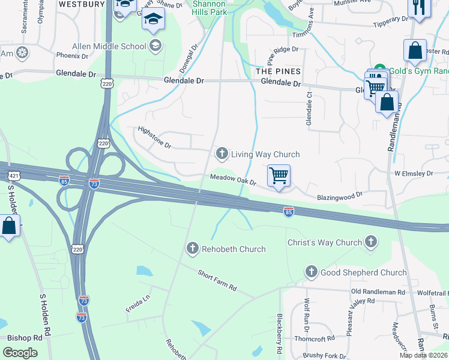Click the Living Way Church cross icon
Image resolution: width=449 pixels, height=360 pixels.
(222, 154)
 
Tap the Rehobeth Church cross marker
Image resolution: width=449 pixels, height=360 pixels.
(193, 248)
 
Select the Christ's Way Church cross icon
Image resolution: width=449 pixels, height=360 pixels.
(371, 242)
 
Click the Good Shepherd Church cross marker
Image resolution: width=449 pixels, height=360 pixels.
(311, 272)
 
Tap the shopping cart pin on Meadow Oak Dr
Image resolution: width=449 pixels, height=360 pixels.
(279, 176)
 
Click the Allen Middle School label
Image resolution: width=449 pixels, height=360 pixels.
(109, 46)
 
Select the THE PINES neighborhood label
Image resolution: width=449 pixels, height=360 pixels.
(278, 71)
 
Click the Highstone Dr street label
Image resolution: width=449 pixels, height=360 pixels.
(154, 137)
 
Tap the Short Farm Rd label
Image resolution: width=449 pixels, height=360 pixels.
(217, 281)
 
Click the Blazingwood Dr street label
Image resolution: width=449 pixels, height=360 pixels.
(340, 196)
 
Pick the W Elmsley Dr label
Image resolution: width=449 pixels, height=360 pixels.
(413, 173)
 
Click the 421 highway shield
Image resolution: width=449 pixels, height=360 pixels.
(13, 176)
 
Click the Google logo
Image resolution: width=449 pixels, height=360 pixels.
(20, 353)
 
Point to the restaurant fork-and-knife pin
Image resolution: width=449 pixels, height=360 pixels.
(416, 7)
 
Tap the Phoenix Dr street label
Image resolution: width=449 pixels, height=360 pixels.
(72, 56)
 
